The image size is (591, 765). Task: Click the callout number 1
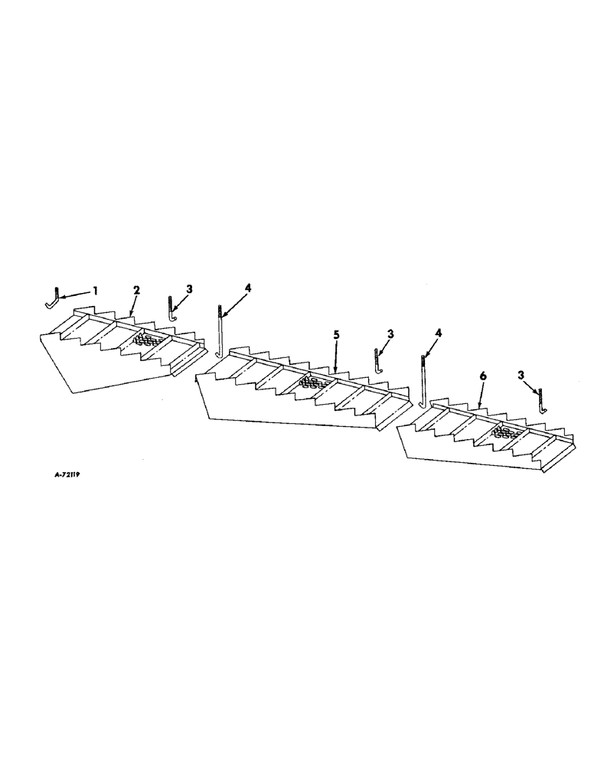click(x=96, y=290)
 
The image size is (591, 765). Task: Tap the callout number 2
click(x=136, y=290)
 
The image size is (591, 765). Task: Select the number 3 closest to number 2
click(x=190, y=289)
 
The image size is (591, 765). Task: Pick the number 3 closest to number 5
click(x=391, y=334)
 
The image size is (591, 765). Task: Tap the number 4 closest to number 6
click(x=438, y=334)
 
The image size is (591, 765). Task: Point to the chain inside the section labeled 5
click(x=310, y=382)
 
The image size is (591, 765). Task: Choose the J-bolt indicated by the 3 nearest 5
click(x=377, y=360)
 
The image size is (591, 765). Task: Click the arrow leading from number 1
click(x=77, y=294)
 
